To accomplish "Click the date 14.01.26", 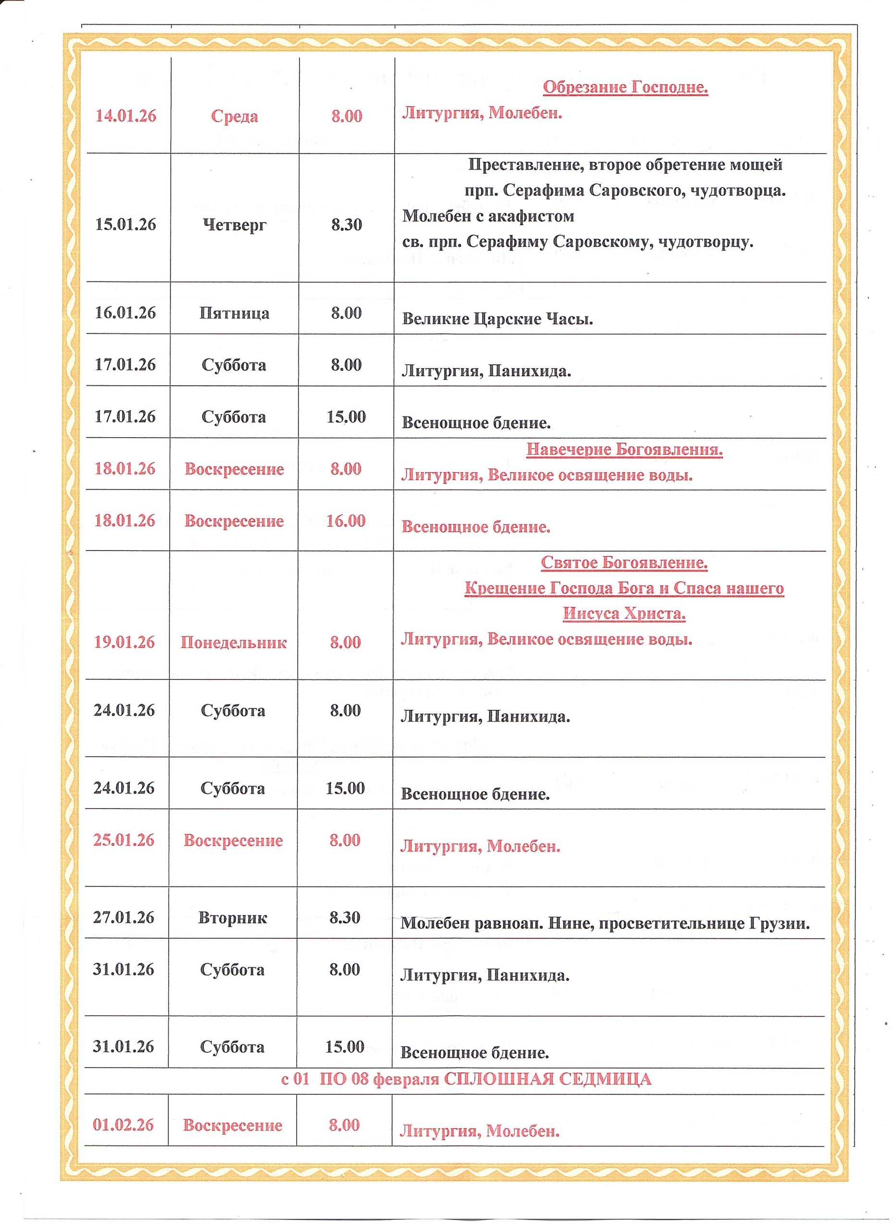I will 126,116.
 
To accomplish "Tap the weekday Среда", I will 235,117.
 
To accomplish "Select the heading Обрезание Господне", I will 625,87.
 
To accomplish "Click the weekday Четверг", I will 235,225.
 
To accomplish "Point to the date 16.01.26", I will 125,313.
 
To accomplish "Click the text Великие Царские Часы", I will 497,319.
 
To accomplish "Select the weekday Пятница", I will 235,313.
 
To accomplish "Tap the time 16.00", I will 346,521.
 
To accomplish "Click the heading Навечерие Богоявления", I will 624,450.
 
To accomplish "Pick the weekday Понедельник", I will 233,643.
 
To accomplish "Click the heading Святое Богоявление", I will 624,563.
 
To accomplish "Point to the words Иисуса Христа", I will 624,614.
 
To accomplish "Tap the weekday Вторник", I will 233,918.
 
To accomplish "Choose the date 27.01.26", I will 124,917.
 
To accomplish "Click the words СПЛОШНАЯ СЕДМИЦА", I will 547,1080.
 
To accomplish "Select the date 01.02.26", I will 124,1125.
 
